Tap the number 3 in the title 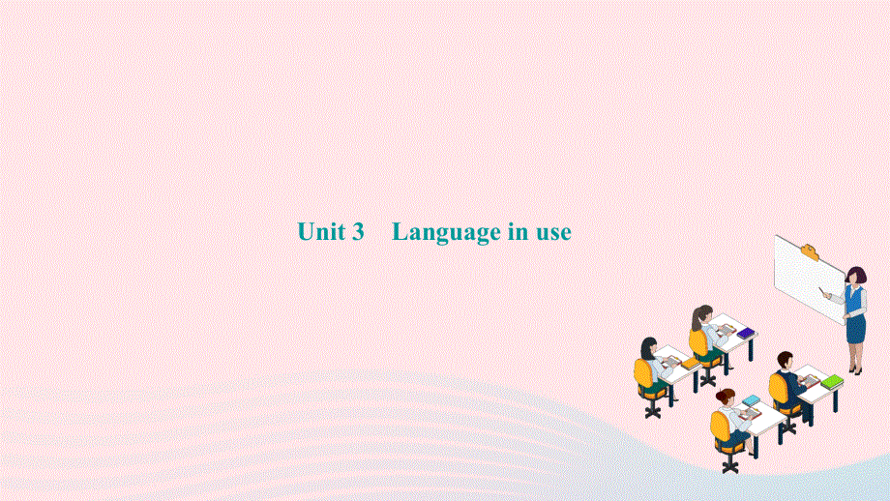(x=357, y=232)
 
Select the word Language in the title (x=444, y=233)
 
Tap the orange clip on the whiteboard (x=809, y=253)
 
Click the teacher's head (x=855, y=276)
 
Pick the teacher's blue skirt (x=854, y=329)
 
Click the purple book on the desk (x=746, y=334)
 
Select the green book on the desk (x=832, y=382)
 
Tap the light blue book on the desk (x=752, y=399)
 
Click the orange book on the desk (x=689, y=364)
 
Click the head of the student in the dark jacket (x=784, y=360)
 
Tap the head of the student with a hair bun (x=726, y=397)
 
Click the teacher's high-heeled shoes (x=854, y=368)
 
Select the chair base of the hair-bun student (x=728, y=463)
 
